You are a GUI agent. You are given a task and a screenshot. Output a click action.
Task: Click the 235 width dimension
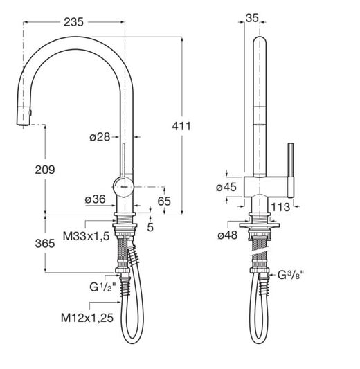point(73,22)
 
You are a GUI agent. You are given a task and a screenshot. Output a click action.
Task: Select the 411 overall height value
point(181,126)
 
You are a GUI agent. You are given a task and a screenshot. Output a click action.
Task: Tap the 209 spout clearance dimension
point(45,170)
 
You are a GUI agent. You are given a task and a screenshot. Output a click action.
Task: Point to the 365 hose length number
point(45,243)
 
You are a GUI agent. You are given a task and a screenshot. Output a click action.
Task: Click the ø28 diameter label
point(100,137)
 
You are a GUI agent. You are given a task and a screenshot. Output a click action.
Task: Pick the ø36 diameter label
point(96,199)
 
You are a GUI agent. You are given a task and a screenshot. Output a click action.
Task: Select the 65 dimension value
point(164,201)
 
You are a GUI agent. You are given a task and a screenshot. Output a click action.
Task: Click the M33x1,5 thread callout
point(87,236)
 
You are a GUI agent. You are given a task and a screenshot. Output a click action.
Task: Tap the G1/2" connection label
point(103,287)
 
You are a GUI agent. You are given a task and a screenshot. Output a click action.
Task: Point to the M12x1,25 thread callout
point(87,318)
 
